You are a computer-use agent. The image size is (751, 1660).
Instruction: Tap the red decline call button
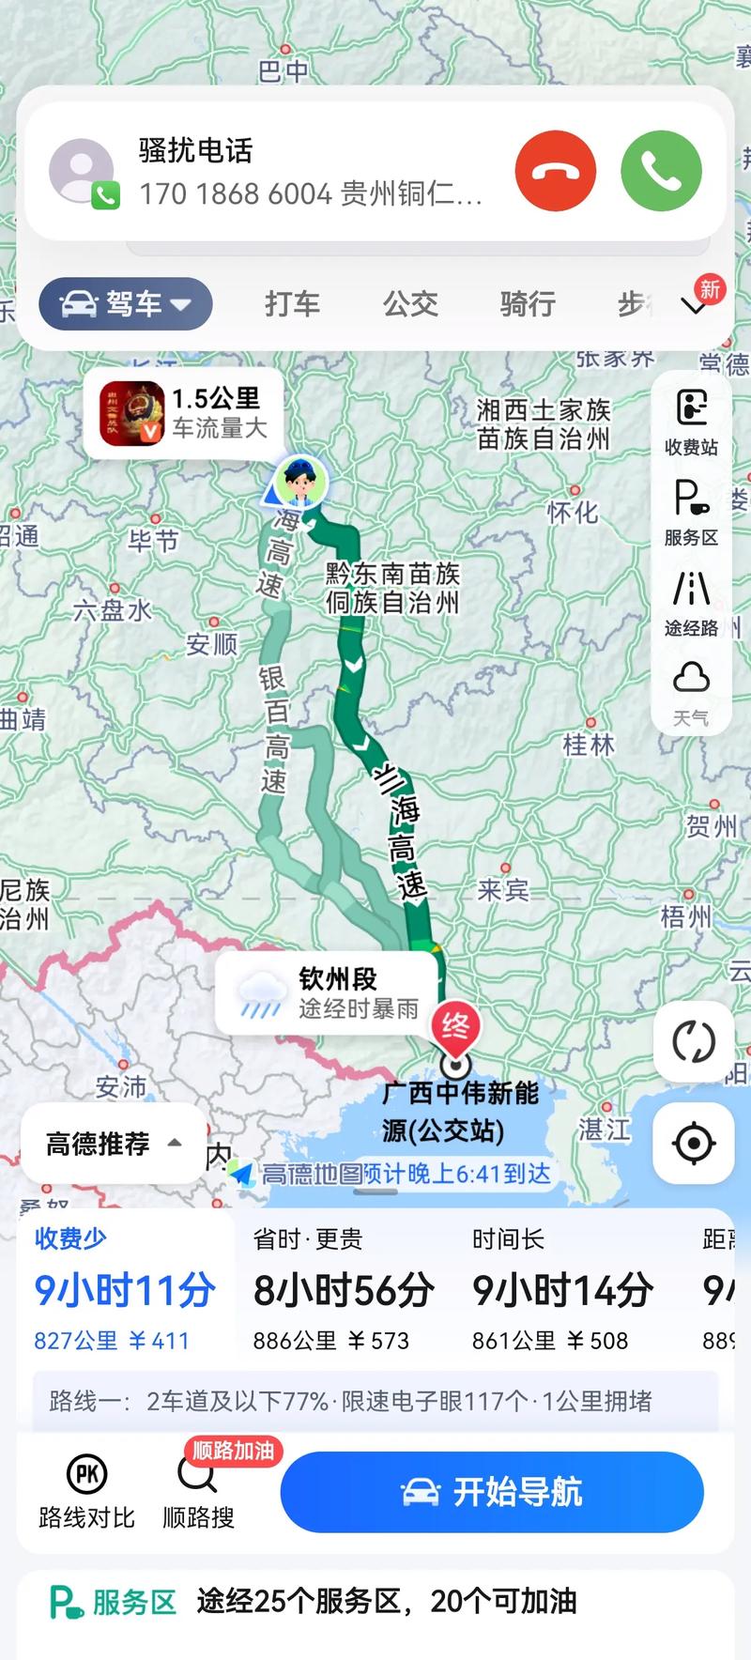click(555, 171)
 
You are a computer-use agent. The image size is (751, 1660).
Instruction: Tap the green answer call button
click(661, 171)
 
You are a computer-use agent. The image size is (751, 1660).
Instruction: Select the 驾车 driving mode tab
click(126, 304)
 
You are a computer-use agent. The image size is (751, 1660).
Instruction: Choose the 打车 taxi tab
click(292, 304)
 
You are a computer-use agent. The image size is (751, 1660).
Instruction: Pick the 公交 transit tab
click(410, 304)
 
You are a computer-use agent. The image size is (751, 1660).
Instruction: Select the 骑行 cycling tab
click(528, 304)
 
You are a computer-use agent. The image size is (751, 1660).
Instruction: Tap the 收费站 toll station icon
click(692, 420)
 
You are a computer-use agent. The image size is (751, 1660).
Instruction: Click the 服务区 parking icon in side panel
click(692, 510)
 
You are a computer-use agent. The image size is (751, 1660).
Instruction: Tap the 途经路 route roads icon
click(692, 601)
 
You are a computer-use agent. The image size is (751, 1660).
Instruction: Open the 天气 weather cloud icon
click(692, 690)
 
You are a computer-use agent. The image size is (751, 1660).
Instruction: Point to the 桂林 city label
click(589, 745)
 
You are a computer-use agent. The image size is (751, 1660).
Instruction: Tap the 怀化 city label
click(573, 512)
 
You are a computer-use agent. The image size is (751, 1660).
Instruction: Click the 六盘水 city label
click(113, 610)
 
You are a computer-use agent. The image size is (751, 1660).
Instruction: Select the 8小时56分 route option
click(344, 1292)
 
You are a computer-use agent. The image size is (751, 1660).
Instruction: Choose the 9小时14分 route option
click(562, 1292)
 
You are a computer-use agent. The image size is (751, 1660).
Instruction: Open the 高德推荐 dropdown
click(113, 1144)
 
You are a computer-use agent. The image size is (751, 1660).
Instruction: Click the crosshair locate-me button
click(694, 1144)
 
